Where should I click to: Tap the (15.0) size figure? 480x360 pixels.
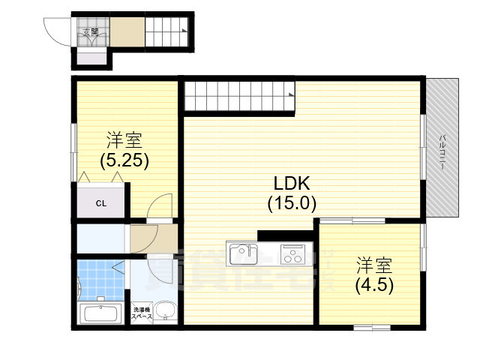(292, 202)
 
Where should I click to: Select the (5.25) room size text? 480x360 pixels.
(124, 159)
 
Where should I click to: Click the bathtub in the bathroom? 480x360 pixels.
(100, 314)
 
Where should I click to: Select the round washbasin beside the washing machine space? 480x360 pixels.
(166, 311)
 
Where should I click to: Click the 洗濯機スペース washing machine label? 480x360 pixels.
(142, 314)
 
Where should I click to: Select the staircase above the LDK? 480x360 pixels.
(238, 95)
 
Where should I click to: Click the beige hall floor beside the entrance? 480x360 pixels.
(127, 33)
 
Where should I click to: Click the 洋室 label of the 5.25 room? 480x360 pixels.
(124, 140)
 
